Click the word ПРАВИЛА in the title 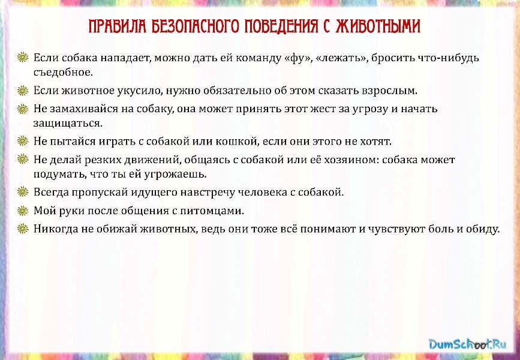[x=118, y=26]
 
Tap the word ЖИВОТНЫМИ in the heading [x=378, y=26]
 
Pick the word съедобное [x=63, y=73]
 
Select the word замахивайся [x=84, y=109]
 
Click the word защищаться [x=68, y=124]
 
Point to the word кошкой [x=237, y=142]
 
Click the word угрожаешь [x=176, y=174]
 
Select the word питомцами [x=212, y=211]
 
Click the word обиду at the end [x=483, y=229]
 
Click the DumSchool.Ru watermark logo [x=468, y=344]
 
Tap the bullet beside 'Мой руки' [x=23, y=211]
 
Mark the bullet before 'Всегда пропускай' [x=23, y=192]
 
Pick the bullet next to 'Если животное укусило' [x=23, y=90]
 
